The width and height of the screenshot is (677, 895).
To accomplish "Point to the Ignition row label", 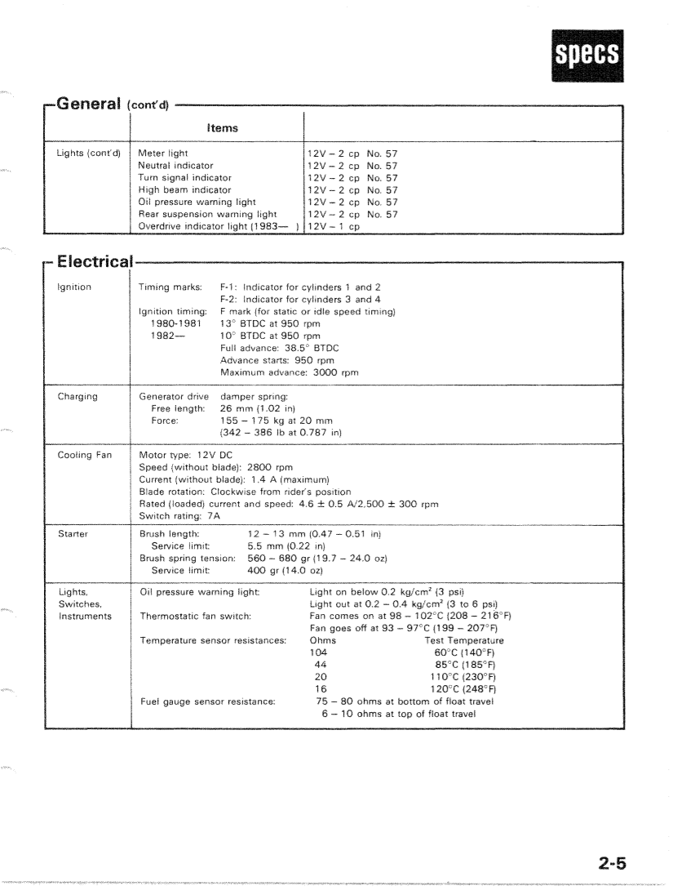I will [x=74, y=287].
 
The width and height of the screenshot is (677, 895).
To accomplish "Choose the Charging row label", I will [x=77, y=397].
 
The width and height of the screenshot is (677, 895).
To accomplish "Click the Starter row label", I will [x=73, y=533].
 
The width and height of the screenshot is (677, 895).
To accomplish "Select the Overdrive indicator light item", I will [x=218, y=226].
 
